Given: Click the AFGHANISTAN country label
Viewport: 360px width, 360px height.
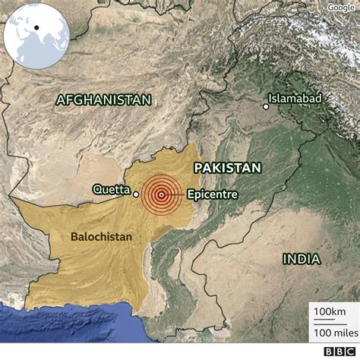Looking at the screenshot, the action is click(x=104, y=99).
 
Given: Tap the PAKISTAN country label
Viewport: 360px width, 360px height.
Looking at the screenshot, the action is click(x=227, y=168).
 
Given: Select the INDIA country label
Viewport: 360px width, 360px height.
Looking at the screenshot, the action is click(x=302, y=259).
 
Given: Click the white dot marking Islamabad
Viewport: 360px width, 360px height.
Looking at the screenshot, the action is click(x=265, y=106).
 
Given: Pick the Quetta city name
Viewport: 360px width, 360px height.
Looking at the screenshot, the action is click(x=111, y=189).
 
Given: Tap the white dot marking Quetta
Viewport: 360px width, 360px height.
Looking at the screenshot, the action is click(x=136, y=194).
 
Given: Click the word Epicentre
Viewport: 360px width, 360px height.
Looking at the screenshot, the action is click(x=212, y=194).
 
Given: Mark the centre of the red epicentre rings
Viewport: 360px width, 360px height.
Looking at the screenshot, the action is click(x=161, y=194).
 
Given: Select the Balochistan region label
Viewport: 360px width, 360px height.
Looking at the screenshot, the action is click(x=101, y=237).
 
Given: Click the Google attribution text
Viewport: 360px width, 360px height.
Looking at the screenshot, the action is click(x=341, y=8).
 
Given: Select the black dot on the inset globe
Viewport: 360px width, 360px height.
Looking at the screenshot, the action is click(x=36, y=28).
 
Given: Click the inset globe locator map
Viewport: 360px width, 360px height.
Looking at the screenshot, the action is click(x=36, y=36).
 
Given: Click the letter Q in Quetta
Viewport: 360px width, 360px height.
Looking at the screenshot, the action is click(x=97, y=189).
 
